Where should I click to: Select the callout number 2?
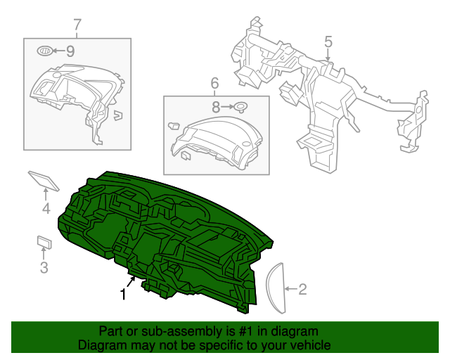(303, 288)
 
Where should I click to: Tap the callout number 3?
(44, 267)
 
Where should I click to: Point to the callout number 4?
(46, 209)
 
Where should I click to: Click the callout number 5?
(328, 42)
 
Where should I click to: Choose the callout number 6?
(214, 84)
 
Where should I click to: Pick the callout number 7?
(77, 26)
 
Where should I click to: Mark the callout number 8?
(217, 107)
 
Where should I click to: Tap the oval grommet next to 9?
(44, 51)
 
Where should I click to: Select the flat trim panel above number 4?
(44, 180)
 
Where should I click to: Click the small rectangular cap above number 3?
(45, 242)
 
